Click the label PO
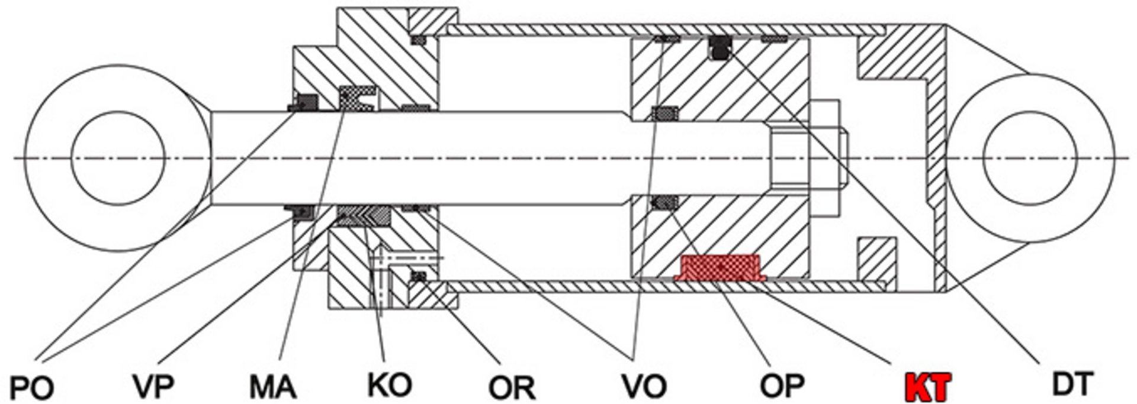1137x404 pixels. click(33, 387)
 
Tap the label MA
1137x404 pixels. click(272, 387)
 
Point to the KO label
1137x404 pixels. click(389, 385)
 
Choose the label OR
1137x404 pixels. click(512, 387)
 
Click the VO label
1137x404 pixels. click(644, 386)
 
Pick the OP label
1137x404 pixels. click(782, 386)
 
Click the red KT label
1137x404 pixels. click(928, 387)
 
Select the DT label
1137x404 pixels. click(1072, 385)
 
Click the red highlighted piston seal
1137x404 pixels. click(720, 267)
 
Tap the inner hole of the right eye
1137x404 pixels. click(1029, 158)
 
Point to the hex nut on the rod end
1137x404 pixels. click(824, 159)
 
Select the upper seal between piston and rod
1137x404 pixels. click(665, 112)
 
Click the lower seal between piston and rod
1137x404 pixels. click(665, 203)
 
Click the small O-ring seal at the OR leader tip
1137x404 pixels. click(419, 276)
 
